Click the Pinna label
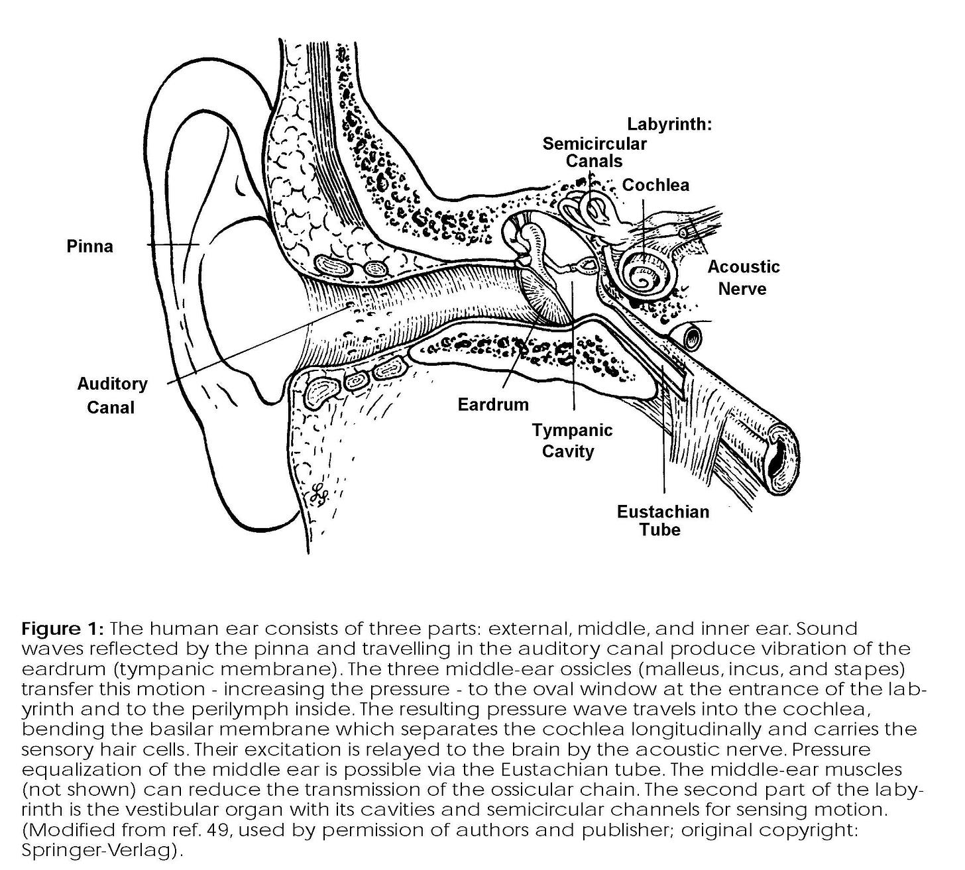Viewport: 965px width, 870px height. click(x=89, y=246)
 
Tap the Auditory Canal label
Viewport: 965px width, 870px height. click(x=111, y=396)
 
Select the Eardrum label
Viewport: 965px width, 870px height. click(x=493, y=404)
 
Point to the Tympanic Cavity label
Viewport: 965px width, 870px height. click(x=572, y=441)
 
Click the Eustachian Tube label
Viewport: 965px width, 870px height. click(x=662, y=520)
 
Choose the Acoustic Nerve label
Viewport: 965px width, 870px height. click(x=743, y=278)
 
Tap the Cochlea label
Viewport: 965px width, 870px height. click(x=655, y=185)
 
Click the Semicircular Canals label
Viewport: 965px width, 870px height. click(x=594, y=152)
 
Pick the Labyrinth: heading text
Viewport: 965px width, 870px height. click(x=669, y=124)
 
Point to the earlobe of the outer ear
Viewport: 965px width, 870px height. click(x=252, y=490)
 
